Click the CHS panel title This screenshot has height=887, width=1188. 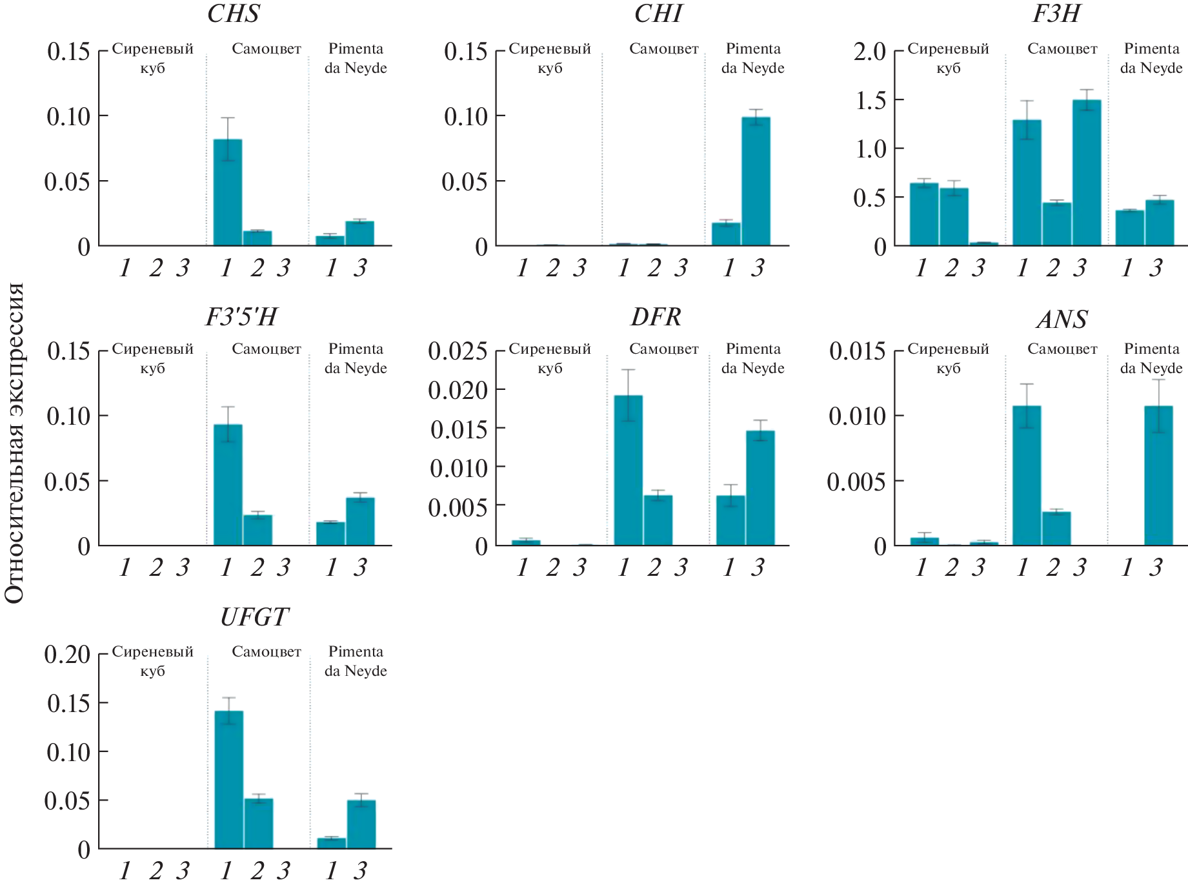pyautogui.click(x=233, y=14)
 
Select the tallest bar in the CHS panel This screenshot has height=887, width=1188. pyautogui.click(x=228, y=192)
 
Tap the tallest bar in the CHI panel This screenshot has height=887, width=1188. pyautogui.click(x=756, y=181)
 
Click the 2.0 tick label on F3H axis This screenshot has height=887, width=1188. pyautogui.click(x=869, y=52)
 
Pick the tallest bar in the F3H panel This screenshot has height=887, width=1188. pyautogui.click(x=1087, y=173)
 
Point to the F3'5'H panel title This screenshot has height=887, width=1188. pyautogui.click(x=241, y=317)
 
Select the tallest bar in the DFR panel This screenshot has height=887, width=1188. pyautogui.click(x=628, y=471)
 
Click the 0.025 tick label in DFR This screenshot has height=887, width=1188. pyautogui.click(x=458, y=351)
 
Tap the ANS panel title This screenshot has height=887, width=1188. pyautogui.click(x=1062, y=320)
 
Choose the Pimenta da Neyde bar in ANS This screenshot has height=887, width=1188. pyautogui.click(x=1158, y=476)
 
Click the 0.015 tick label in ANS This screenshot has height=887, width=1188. pyautogui.click(x=857, y=351)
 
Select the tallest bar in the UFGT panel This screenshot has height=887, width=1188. pyautogui.click(x=228, y=779)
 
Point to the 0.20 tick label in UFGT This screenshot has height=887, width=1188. pyautogui.click(x=67, y=654)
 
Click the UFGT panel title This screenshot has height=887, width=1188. pyautogui.click(x=254, y=618)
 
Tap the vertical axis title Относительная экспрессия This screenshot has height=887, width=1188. pyautogui.click(x=14, y=443)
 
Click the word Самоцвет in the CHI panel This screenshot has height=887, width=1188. pyautogui.click(x=663, y=49)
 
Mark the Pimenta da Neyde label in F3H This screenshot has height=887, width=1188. pyautogui.click(x=1151, y=58)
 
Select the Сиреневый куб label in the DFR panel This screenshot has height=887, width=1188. pyautogui.click(x=550, y=358)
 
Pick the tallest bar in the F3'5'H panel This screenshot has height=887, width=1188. pyautogui.click(x=228, y=485)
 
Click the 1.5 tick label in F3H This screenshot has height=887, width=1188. pyautogui.click(x=871, y=101)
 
